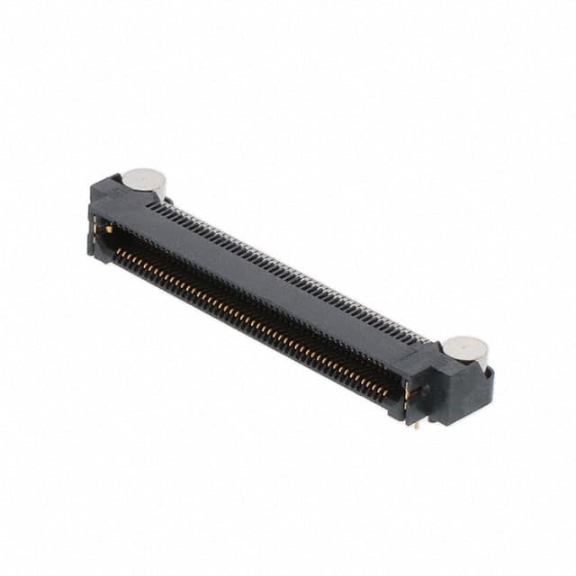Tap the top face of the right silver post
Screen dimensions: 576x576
click(x=466, y=346)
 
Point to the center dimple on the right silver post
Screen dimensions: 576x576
click(x=466, y=346)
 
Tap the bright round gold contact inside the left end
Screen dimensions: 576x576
click(x=109, y=230)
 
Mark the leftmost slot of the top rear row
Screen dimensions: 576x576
click(x=151, y=205)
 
